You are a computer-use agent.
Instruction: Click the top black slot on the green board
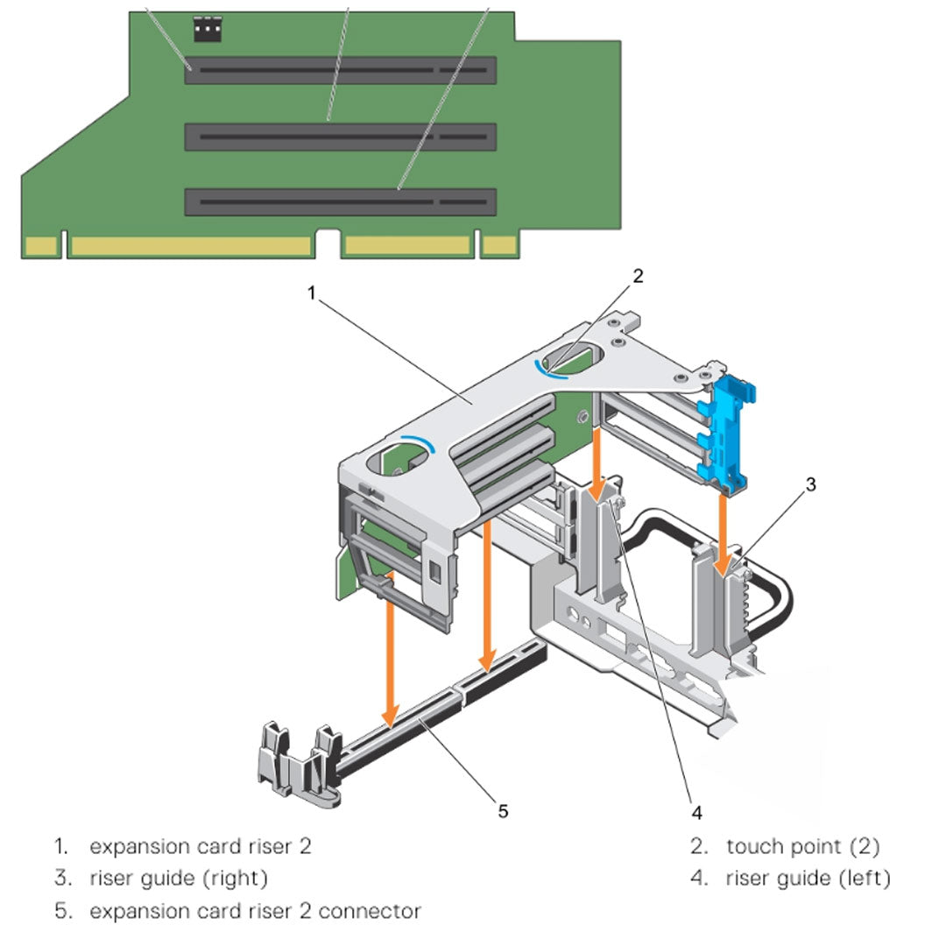pos(340,70)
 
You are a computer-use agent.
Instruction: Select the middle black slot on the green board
pos(340,137)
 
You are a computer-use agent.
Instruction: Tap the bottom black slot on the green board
pos(340,202)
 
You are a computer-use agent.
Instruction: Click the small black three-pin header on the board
pos(207,31)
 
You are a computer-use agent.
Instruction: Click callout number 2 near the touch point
pos(639,276)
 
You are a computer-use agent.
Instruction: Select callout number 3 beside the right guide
pos(811,484)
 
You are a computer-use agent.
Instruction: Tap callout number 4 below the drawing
pos(696,813)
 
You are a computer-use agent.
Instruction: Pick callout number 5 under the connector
pos(502,811)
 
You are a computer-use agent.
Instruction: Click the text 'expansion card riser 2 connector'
pos(255,911)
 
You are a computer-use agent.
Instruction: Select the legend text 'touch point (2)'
pos(802,846)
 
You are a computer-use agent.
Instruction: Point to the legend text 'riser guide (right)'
pos(179,878)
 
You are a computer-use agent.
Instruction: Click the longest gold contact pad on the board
pos(190,246)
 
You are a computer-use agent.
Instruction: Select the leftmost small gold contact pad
pos(41,246)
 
